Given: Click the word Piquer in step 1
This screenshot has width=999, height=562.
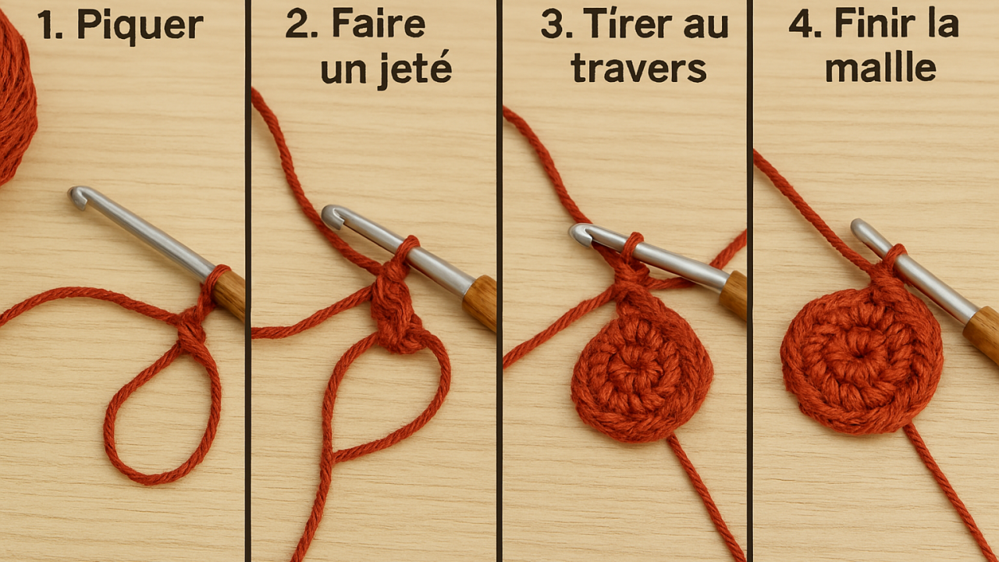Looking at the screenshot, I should pyautogui.click(x=140, y=26).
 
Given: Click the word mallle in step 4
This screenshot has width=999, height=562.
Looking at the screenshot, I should pyautogui.click(x=880, y=69).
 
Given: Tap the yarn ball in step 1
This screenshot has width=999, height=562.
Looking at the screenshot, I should pyautogui.click(x=14, y=98).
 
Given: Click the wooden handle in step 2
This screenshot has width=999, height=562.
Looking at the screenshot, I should pyautogui.click(x=479, y=301).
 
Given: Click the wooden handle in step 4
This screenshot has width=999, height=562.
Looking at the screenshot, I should pyautogui.click(x=982, y=333).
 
